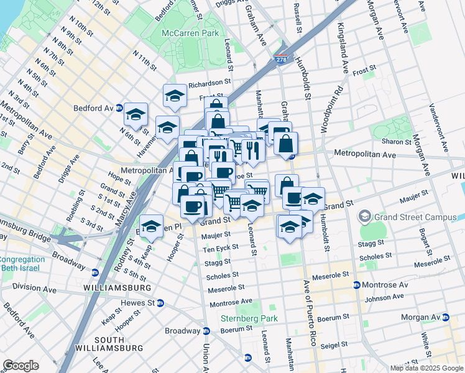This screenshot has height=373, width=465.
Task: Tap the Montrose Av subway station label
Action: (x=380, y=285)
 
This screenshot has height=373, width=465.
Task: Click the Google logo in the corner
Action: (x=21, y=366)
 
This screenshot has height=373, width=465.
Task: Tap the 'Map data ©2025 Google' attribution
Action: (x=426, y=368)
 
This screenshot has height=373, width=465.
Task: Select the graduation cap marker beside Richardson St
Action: (x=175, y=96)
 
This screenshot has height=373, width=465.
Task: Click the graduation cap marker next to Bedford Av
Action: (x=136, y=114)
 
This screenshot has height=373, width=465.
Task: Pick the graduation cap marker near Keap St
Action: (x=151, y=227)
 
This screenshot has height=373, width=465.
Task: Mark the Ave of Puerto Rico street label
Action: (x=306, y=311)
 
